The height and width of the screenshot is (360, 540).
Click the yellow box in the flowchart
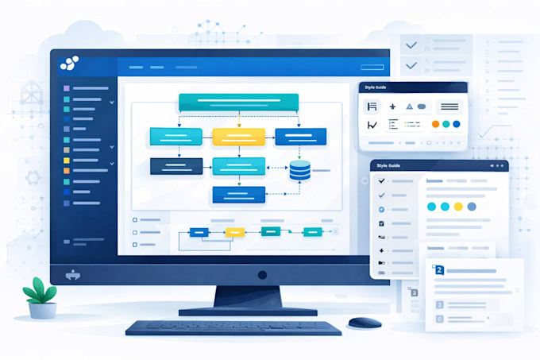[239, 137]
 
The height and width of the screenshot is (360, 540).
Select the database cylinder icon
[299, 170]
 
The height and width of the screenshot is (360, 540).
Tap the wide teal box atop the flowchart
[239, 103]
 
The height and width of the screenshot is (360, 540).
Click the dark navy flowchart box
[176, 166]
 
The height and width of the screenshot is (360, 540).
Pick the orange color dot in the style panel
[436, 124]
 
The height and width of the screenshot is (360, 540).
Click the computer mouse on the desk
[364, 323]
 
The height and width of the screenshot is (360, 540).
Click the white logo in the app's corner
[69, 63]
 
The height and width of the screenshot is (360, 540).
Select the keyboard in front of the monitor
[233, 327]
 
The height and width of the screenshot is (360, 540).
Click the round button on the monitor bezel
[262, 275]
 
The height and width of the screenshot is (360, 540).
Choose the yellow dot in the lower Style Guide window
[458, 207]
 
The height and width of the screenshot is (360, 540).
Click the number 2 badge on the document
[439, 269]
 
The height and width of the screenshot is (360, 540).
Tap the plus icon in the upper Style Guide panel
[392, 106]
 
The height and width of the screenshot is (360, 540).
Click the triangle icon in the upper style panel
[409, 106]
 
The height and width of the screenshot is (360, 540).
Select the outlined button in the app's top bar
[372, 68]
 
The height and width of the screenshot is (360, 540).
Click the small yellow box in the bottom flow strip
[235, 233]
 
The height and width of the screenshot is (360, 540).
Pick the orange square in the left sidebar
[67, 171]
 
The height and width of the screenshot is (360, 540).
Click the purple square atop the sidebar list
[67, 88]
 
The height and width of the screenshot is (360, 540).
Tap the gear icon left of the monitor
[33, 178]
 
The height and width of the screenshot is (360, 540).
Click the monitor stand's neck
[248, 296]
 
